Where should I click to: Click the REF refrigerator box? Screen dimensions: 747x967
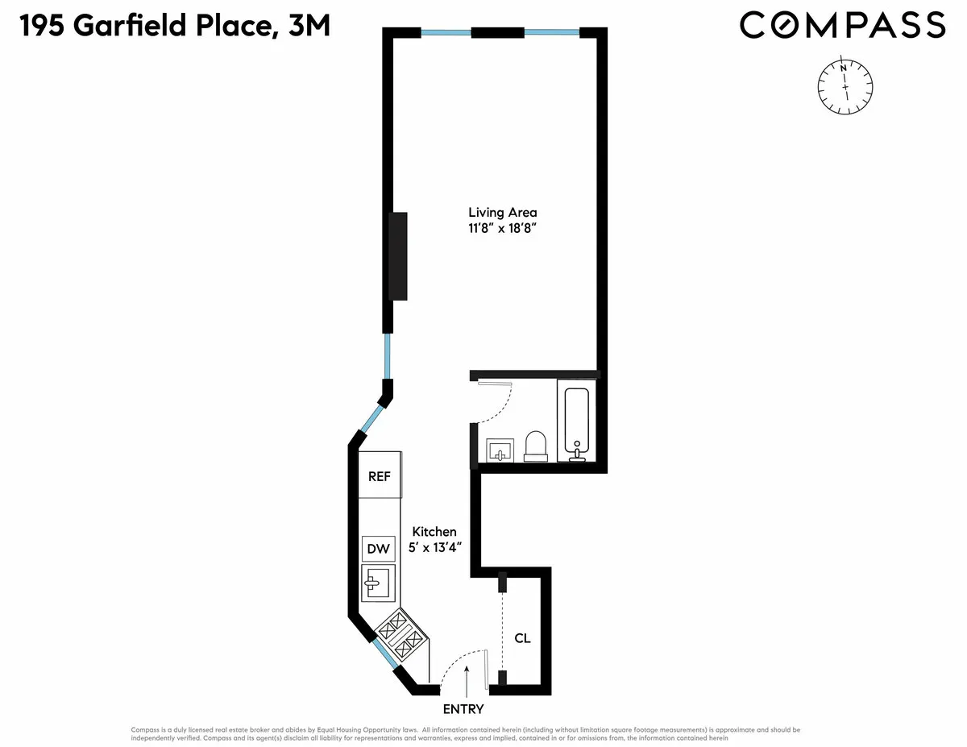coord(380,476)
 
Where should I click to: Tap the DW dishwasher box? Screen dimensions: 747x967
coord(378,549)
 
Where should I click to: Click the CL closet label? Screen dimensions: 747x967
coord(522,638)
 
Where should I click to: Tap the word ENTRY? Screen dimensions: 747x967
coord(463,709)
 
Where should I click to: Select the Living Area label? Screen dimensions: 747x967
coord(503,213)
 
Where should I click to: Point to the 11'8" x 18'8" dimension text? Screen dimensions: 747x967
coord(503,229)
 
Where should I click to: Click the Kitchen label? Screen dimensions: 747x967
coord(434,532)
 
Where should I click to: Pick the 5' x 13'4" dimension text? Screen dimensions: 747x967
coord(434,547)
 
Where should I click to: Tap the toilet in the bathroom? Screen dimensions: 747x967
coord(536,446)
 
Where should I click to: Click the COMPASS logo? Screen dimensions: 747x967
coord(842,25)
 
